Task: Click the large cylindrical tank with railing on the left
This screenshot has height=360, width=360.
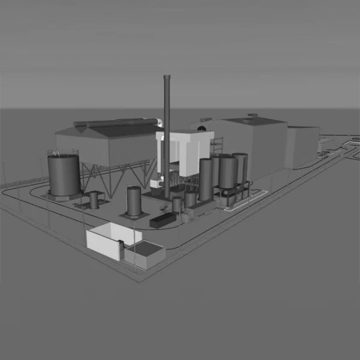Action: coord(64,175)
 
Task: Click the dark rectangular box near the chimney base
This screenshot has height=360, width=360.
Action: coord(161,220)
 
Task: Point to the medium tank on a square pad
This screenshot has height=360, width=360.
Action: coord(133,201)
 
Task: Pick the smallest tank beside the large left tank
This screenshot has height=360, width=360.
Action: coord(94,199)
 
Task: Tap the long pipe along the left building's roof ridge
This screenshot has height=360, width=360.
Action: coord(117,123)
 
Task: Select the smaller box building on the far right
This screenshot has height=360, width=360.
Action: coord(302,146)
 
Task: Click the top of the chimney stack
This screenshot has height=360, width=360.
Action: coord(167,77)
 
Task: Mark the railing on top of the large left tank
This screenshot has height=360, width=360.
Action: coord(63,153)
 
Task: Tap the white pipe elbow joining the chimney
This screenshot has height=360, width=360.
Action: coord(160,123)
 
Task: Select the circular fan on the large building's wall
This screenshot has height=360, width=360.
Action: coord(203,128)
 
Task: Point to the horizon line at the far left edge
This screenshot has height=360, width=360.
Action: coord(2,109)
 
